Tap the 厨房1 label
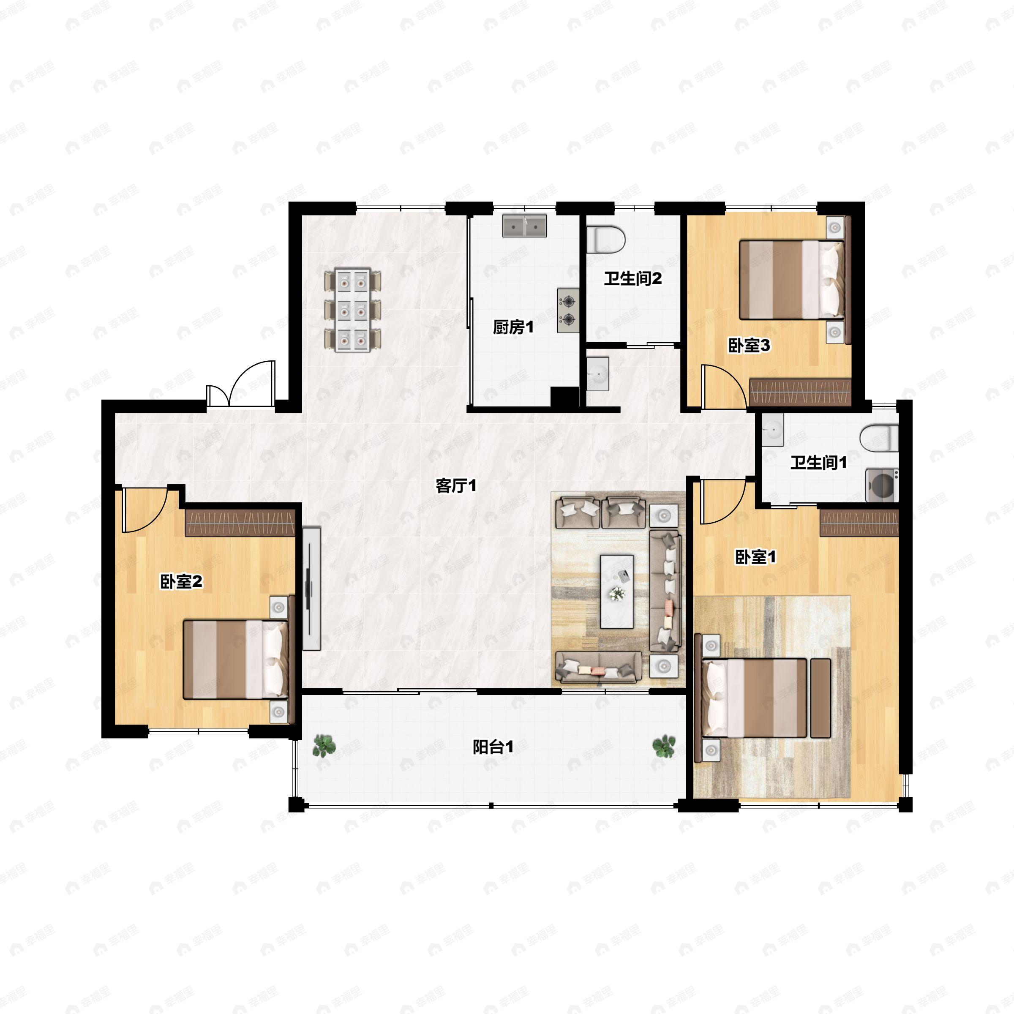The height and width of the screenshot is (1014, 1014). [x=513, y=327]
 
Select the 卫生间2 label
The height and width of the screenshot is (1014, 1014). [x=632, y=279]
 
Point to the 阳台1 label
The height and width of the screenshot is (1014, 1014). [x=493, y=747]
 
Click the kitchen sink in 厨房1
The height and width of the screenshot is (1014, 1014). [x=524, y=225]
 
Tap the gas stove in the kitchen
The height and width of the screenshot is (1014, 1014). [x=568, y=310]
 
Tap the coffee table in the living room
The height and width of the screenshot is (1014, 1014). [x=617, y=591]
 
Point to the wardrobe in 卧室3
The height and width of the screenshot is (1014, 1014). [x=800, y=392]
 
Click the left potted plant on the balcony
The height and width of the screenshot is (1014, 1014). [x=324, y=746]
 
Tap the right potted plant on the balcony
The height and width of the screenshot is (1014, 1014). [x=664, y=746]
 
